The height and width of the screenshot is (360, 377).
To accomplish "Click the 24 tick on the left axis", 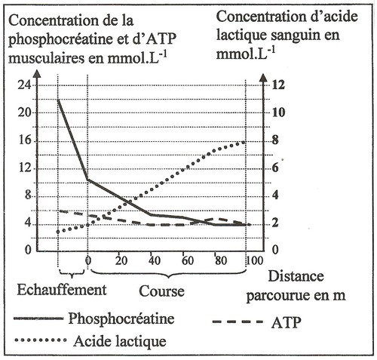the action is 24,85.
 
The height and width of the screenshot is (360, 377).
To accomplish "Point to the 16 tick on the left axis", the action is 25,141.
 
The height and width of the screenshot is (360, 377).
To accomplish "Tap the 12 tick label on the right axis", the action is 278,85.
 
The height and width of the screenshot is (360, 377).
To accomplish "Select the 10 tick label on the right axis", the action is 278,112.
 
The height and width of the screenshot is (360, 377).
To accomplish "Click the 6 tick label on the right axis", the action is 275,168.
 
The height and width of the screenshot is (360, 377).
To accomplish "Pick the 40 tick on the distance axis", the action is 154,260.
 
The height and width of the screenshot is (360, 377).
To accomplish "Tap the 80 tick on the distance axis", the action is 221,260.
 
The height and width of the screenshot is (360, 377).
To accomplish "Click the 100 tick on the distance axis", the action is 254,260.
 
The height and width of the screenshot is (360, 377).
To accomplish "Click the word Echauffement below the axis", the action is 62,290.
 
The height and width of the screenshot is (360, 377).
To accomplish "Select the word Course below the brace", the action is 161,291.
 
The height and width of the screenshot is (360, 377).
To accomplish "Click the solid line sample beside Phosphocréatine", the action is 38,318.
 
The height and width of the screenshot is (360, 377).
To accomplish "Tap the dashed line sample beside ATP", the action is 238,322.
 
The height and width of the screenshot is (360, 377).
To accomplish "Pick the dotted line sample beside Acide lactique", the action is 41,340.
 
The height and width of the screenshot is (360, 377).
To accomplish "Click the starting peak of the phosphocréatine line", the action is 58,100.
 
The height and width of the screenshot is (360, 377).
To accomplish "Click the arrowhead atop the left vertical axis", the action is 37,74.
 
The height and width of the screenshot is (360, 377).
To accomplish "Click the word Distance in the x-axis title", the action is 296,276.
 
